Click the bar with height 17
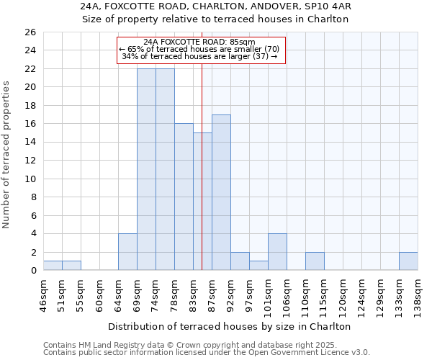(x=221, y=192)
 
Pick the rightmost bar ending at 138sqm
(x=408, y=261)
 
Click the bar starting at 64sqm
(x=127, y=252)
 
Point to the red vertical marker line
(x=202, y=166)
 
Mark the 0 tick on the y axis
(x=32, y=271)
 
